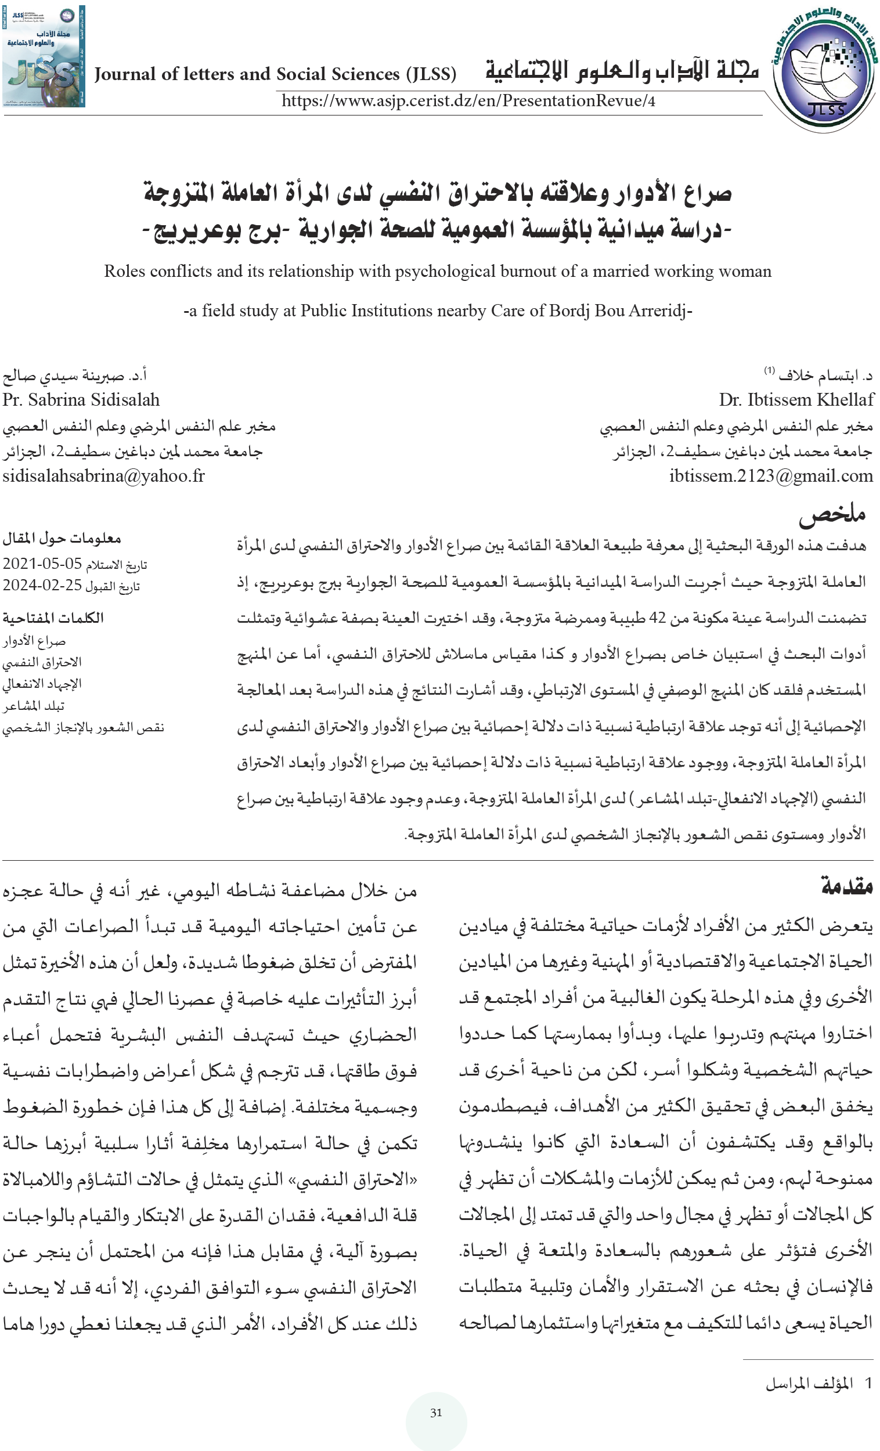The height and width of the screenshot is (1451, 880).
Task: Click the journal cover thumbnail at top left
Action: coord(44,56)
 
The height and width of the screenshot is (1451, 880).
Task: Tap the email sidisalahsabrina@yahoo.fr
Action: coord(104,476)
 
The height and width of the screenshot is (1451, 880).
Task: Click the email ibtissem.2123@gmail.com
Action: coord(771,476)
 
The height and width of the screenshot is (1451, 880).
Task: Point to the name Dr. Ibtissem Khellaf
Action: coord(796,400)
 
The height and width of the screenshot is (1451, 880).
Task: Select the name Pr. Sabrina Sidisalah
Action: coord(81,400)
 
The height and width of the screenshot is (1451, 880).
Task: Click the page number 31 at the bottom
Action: coord(436,1413)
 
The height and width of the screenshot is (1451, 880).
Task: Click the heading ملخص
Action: coord(832,514)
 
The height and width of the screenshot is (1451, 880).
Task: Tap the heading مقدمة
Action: coord(847,886)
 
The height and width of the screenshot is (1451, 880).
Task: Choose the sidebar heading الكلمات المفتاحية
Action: coord(53,618)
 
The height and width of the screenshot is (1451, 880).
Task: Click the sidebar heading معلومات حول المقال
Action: coord(62,538)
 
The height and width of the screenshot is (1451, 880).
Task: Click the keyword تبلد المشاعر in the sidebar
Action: coord(34,706)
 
